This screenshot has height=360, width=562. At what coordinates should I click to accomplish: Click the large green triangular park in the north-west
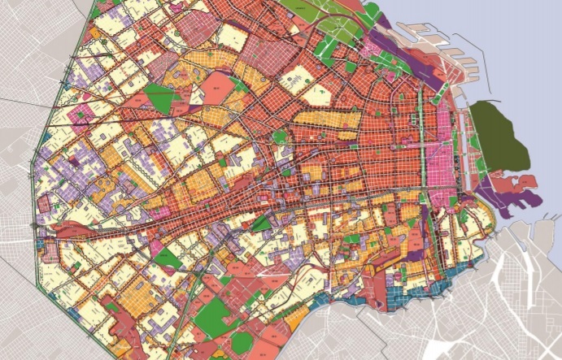[x=163, y=98]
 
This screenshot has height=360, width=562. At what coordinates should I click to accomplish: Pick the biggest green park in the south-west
[x=211, y=317]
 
